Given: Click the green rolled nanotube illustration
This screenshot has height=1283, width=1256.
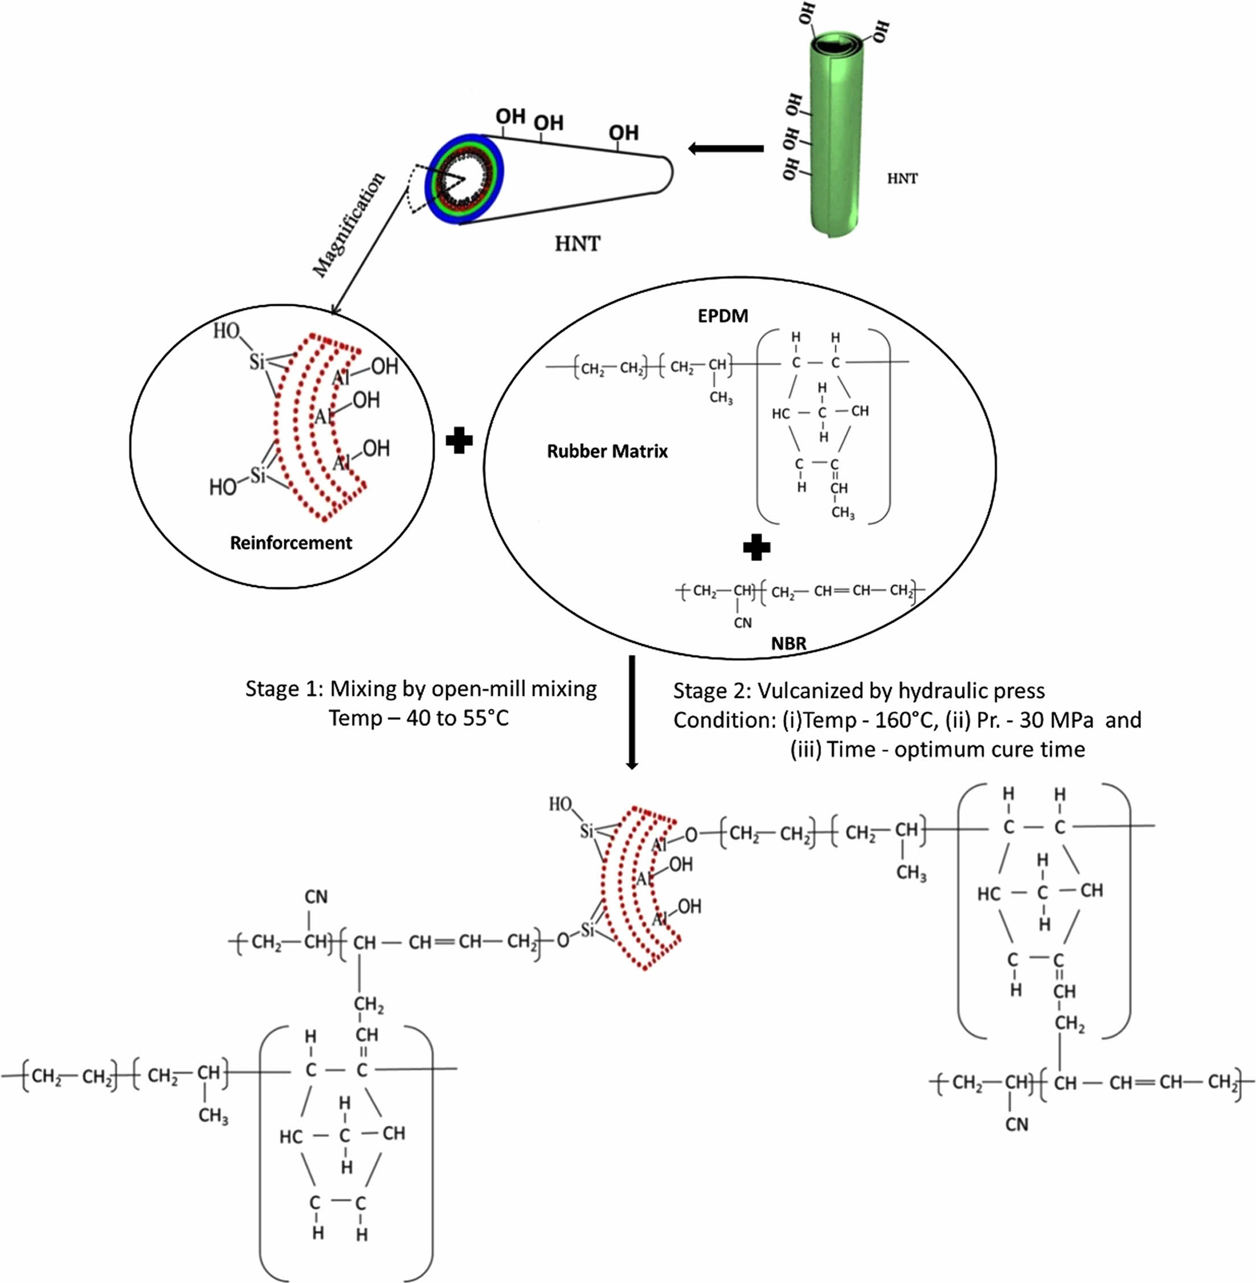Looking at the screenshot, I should click(835, 132).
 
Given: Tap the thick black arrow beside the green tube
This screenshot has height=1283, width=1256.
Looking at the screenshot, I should click(726, 149).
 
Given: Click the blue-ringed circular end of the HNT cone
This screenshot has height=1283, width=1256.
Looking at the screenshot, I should click(464, 179).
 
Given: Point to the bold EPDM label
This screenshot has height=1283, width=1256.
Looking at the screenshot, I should click(723, 316).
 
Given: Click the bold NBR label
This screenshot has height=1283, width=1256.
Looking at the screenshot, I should click(789, 644).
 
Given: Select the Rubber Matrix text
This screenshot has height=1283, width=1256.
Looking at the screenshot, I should click(607, 451).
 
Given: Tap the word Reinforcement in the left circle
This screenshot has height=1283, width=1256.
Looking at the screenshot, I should click(291, 543).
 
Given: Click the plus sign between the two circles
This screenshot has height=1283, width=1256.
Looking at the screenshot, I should click(459, 440).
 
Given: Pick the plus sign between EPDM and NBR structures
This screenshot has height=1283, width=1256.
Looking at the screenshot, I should click(756, 547).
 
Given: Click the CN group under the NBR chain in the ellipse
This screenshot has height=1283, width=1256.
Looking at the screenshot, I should click(743, 623).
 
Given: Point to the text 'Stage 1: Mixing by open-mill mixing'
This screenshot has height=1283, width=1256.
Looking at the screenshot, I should click(421, 689).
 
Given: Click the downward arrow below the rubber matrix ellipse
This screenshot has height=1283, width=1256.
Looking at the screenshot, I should click(632, 712).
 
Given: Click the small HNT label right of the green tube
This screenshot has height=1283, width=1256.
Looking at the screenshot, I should click(902, 178).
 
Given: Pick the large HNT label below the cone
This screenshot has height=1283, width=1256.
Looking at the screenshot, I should click(577, 244).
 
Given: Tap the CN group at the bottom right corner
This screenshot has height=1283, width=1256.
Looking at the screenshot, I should click(1017, 1125).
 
